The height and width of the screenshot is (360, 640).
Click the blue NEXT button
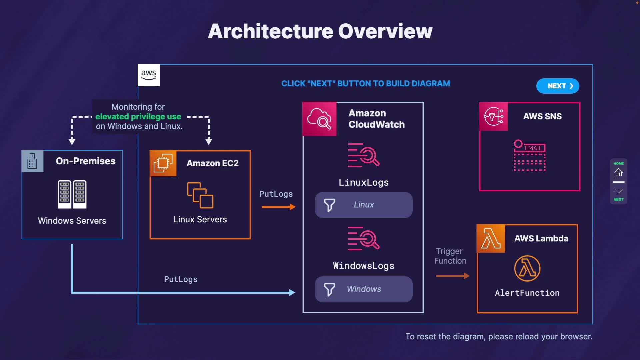tap(558, 86)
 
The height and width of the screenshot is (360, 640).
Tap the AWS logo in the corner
tap(149, 75)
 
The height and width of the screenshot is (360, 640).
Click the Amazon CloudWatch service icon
tap(319, 119)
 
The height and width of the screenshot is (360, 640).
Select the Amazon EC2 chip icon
tap(163, 163)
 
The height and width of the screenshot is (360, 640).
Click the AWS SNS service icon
tap(493, 116)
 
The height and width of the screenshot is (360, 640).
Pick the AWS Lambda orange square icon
tap(491, 239)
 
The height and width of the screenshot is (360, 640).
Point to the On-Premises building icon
tap(32, 161)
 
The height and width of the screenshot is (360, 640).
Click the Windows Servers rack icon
tap(72, 194)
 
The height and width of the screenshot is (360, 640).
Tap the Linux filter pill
tap(364, 205)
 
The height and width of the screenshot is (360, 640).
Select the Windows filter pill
tap(364, 289)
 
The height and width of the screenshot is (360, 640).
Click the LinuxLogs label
tap(364, 183)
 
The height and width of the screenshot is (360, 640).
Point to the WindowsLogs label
tap(364, 266)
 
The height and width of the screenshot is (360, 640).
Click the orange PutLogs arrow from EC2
tap(279, 207)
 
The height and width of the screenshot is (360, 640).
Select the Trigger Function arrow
tap(452, 276)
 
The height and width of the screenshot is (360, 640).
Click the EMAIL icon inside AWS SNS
tap(530, 155)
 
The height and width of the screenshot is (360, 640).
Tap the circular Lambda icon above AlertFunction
tap(527, 268)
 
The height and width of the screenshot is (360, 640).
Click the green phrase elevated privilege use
tap(138, 117)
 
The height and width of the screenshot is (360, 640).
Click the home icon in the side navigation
tap(619, 172)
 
